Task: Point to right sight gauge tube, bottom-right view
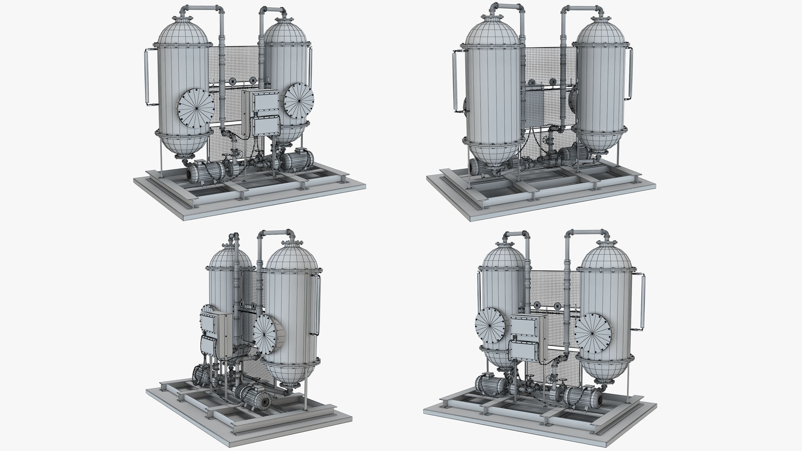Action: pos(642,301)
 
